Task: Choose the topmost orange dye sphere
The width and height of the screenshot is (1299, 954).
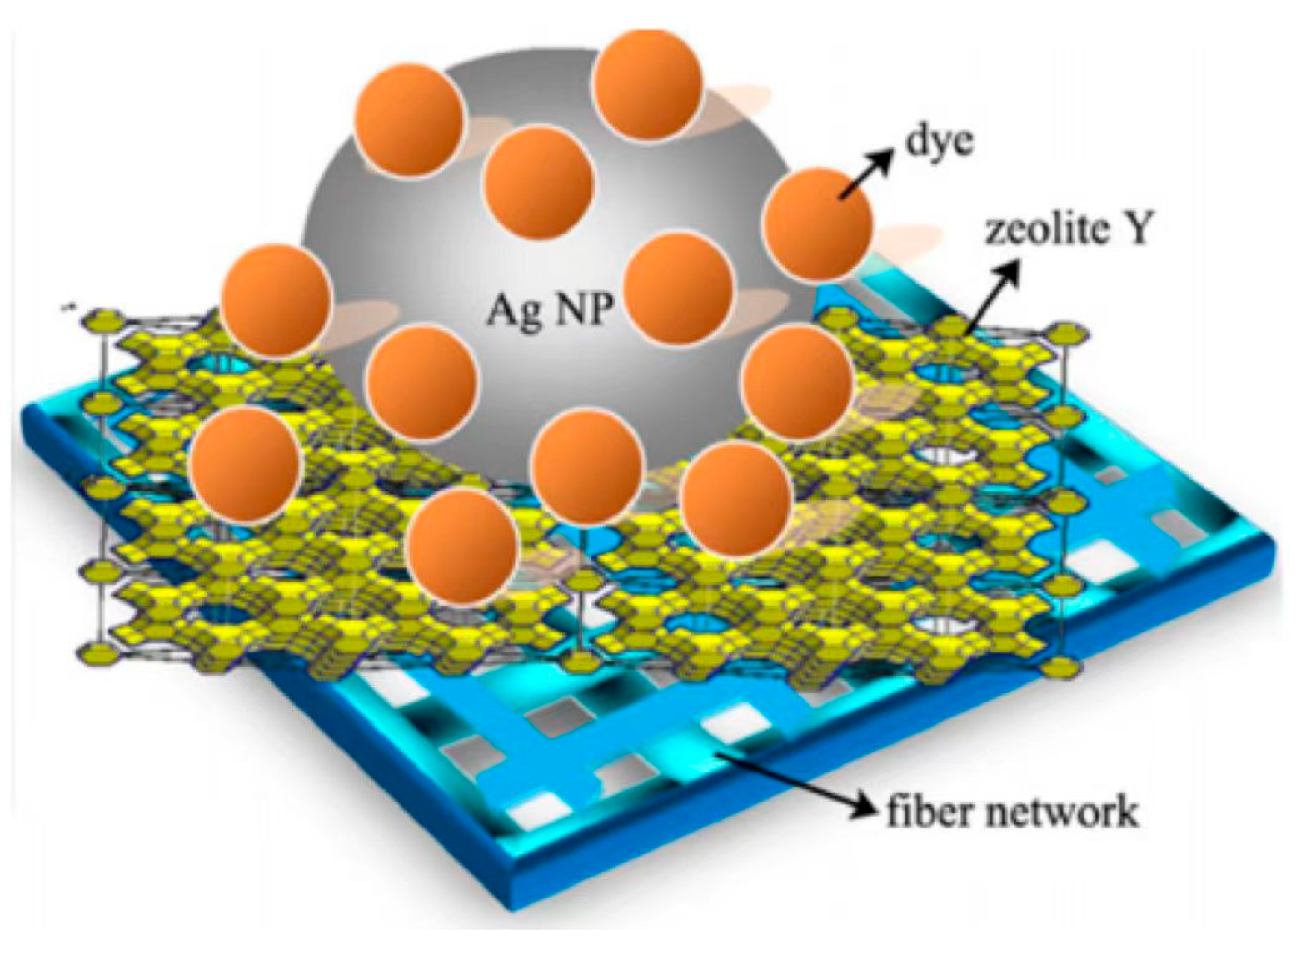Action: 647,83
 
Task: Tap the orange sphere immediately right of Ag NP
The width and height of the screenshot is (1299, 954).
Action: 679,289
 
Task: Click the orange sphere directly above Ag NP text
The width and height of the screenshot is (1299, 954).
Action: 539,182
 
